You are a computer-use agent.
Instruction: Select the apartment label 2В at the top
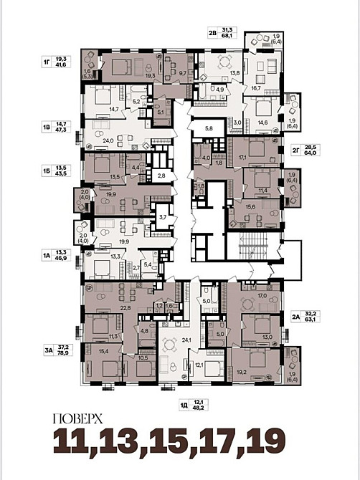coord(213,32)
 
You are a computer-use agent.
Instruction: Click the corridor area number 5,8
coord(209,128)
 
